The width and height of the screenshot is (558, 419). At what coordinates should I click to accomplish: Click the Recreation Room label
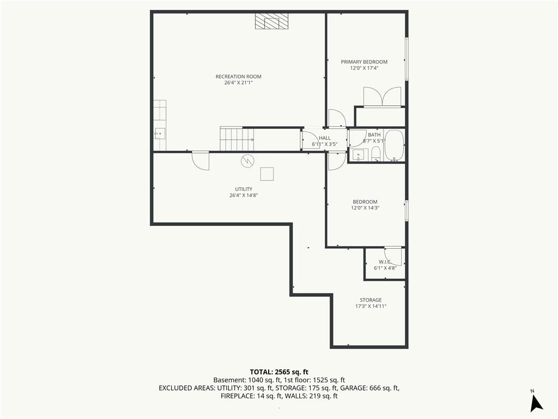(239, 76)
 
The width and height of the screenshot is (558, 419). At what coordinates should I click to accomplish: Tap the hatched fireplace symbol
(271, 21)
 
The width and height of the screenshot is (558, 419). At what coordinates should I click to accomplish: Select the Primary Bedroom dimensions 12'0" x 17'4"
(364, 68)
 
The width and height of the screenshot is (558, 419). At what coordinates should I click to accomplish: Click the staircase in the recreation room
(237, 139)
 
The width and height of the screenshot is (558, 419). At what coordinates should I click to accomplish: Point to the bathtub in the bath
(395, 146)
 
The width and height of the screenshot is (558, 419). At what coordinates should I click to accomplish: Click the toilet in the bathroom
(376, 154)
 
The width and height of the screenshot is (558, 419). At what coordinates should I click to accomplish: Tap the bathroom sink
(358, 155)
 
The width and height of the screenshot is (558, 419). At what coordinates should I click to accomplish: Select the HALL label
(325, 138)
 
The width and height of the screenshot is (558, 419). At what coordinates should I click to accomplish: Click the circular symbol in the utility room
(247, 161)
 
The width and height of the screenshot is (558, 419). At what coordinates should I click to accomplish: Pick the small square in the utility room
(267, 174)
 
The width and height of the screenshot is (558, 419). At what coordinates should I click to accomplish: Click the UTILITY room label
(244, 189)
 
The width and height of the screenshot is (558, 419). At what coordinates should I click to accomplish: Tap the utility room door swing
(201, 161)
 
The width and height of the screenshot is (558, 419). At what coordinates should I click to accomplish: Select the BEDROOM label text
(365, 202)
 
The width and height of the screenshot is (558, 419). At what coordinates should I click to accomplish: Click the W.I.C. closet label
(385, 262)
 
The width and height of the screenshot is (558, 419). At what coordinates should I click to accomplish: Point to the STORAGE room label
(371, 300)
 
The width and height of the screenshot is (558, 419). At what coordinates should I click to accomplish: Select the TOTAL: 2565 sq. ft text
(279, 372)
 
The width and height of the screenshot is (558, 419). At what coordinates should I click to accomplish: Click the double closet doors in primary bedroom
(382, 97)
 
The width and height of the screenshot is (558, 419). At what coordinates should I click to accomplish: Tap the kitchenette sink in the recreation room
(160, 134)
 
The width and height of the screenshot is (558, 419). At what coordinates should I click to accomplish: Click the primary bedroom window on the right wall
(407, 59)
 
